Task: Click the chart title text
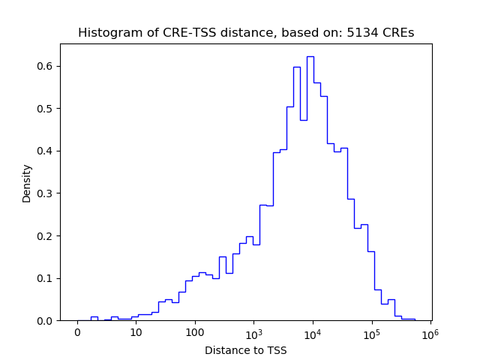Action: pos(245,33)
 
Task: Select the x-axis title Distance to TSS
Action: pos(245,350)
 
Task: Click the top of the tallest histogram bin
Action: pos(310,56)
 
